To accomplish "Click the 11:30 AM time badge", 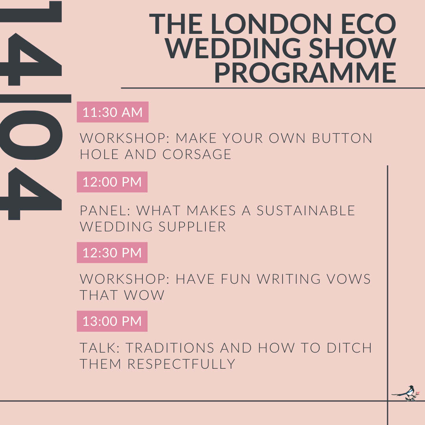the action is tap(113, 112).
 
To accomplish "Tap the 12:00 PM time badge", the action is tap(112, 182).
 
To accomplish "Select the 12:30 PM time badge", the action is tap(112, 253).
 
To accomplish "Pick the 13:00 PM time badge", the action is tap(112, 321).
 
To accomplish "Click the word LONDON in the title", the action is tap(271, 24).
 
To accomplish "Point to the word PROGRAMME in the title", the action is tap(305, 72).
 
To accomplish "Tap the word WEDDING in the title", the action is tap(233, 48).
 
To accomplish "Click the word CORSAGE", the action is tap(197, 155).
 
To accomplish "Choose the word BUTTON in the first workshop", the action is tap(342, 138).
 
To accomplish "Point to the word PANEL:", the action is tap(105, 211).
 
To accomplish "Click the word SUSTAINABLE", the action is tap(306, 211).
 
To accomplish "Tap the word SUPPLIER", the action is tap(192, 227).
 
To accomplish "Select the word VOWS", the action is tap(349, 279).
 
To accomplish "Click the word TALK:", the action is tap(100, 348).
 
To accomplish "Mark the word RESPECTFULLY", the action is tap(181, 364).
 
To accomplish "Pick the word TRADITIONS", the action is tap(170, 348).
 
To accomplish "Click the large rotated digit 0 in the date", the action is tap(31, 135).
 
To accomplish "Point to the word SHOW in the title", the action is tap(352, 48).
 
